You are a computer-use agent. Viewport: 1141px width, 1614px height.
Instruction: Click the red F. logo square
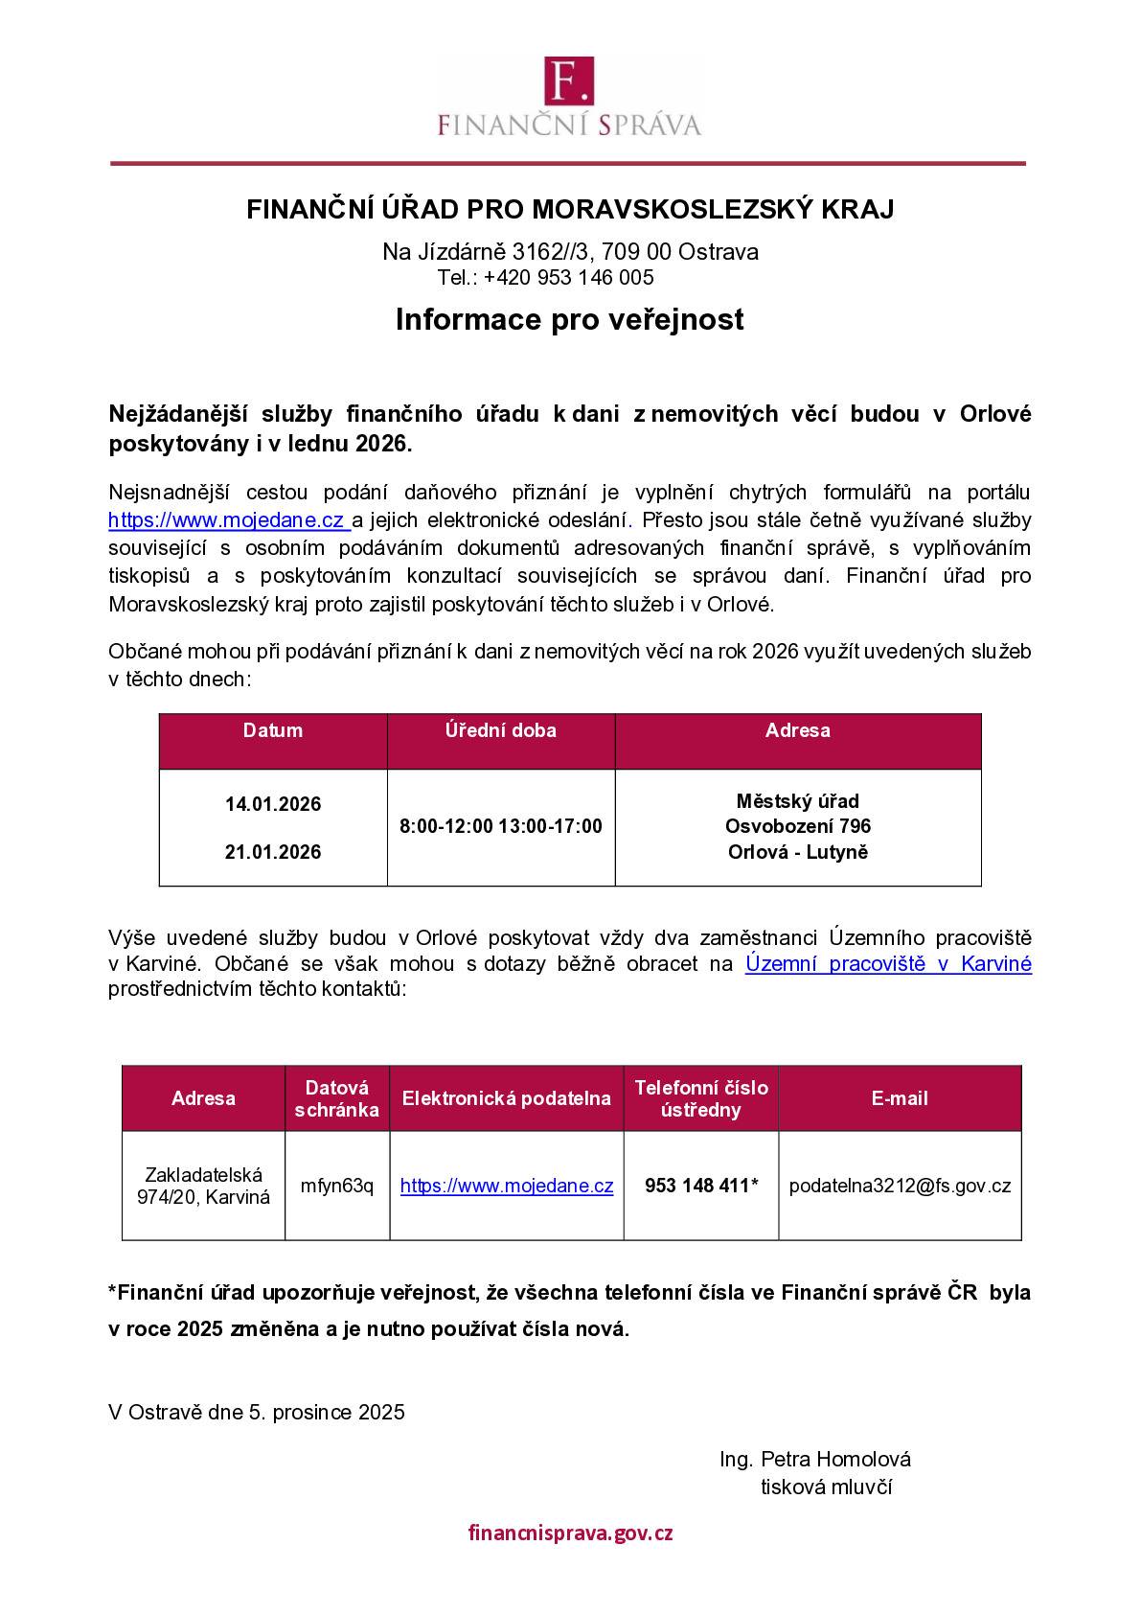coord(569,80)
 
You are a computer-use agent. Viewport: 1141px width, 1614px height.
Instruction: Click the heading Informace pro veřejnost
coord(569,319)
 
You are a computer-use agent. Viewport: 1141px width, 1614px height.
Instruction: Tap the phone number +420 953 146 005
coord(568,278)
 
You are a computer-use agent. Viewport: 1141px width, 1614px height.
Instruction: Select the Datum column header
coord(273,730)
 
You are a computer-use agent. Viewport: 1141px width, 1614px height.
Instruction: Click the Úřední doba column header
coord(500,730)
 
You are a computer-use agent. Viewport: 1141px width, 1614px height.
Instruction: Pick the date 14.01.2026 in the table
coord(273,804)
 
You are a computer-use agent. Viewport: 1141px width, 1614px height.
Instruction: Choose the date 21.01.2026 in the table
coord(273,852)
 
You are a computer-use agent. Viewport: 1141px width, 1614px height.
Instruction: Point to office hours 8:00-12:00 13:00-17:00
coord(500,826)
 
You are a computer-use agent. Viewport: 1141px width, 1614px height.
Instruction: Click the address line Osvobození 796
coord(797,826)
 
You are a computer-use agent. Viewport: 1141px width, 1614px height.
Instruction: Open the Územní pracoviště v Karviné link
coord(888,964)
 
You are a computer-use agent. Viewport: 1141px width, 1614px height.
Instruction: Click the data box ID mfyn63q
coord(337,1186)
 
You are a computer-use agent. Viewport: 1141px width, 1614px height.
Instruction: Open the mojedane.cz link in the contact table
coord(507,1186)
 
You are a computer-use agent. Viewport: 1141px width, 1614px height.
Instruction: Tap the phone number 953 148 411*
coord(701,1186)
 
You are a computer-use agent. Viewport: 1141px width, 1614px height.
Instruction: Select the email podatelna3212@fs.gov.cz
coord(900,1186)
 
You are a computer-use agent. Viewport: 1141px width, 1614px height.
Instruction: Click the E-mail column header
coord(900,1098)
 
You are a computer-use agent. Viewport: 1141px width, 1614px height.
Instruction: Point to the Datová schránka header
coord(337,1098)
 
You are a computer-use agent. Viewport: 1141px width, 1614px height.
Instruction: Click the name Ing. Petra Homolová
coord(815,1459)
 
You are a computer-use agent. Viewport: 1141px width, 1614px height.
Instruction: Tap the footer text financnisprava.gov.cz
coord(570,1533)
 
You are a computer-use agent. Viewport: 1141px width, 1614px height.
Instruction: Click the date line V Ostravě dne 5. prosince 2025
coord(257,1412)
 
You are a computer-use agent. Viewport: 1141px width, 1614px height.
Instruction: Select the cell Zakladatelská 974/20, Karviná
coord(203,1186)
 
